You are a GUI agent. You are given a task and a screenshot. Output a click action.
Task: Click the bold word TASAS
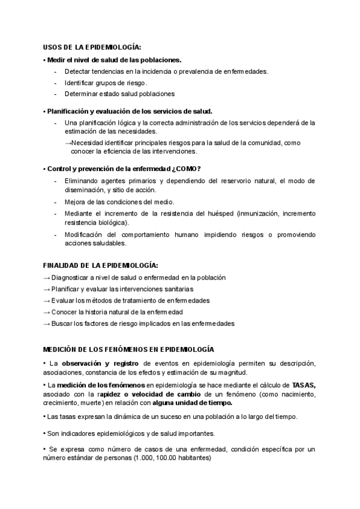click(304, 384)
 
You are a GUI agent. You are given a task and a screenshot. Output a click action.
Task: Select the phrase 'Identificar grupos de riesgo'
click(106, 82)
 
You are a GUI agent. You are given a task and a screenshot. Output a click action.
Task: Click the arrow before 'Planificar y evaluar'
click(47, 289)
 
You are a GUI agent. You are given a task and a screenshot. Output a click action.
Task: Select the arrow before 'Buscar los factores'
click(47, 324)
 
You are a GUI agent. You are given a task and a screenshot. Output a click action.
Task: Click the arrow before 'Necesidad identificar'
click(68, 143)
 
